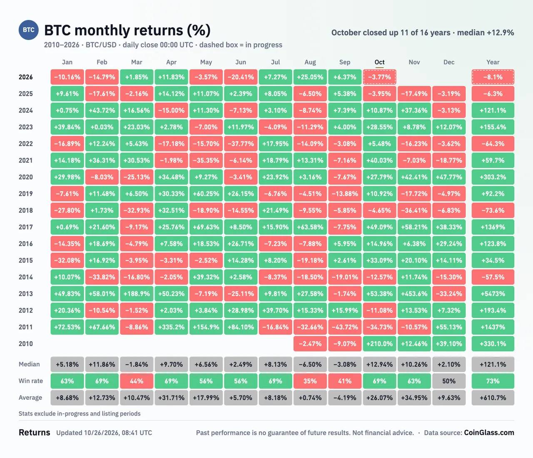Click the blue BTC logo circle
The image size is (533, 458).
click(x=29, y=30)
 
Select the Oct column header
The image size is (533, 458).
click(x=379, y=62)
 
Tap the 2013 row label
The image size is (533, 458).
click(x=26, y=294)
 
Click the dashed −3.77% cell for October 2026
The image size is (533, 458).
click(x=379, y=77)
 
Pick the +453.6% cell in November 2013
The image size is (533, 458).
click(x=414, y=294)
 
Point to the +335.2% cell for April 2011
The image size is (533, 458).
click(x=171, y=327)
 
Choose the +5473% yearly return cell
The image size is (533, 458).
click(x=493, y=294)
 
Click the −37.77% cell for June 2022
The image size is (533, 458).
click(x=241, y=144)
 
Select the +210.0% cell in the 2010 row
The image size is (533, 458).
click(x=379, y=344)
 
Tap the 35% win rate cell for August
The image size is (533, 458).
click(x=310, y=381)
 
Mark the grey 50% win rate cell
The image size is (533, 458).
click(x=449, y=381)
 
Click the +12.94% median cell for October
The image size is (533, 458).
click(x=379, y=364)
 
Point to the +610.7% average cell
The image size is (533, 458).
click(x=493, y=398)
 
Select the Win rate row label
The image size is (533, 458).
click(x=31, y=381)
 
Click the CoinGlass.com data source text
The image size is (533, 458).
click(x=489, y=433)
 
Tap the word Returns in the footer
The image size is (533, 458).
click(x=34, y=433)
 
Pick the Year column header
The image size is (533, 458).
click(x=493, y=62)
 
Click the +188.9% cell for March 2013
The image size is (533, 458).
click(x=137, y=294)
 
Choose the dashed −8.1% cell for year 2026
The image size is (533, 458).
click(x=493, y=77)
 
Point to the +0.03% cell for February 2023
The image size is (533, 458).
click(x=102, y=127)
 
